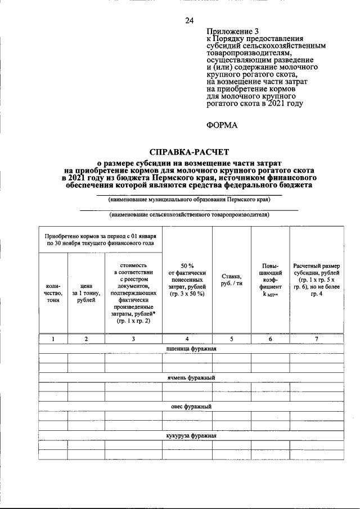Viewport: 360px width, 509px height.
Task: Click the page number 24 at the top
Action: pyautogui.click(x=190, y=21)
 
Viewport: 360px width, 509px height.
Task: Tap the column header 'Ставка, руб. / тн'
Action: pyautogui.click(x=231, y=280)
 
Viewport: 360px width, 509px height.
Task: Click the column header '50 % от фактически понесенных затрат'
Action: pyautogui.click(x=187, y=280)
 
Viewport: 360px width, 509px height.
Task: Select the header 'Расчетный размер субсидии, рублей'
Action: pyautogui.click(x=317, y=280)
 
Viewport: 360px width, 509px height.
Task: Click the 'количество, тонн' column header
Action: pyautogui.click(x=53, y=293)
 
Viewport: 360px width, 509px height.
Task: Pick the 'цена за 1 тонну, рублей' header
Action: pyautogui.click(x=86, y=293)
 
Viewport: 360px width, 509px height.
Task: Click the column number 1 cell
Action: pyautogui.click(x=53, y=339)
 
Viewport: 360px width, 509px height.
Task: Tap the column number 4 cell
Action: pyautogui.click(x=187, y=339)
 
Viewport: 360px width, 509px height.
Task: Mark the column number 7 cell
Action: pyautogui.click(x=317, y=339)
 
